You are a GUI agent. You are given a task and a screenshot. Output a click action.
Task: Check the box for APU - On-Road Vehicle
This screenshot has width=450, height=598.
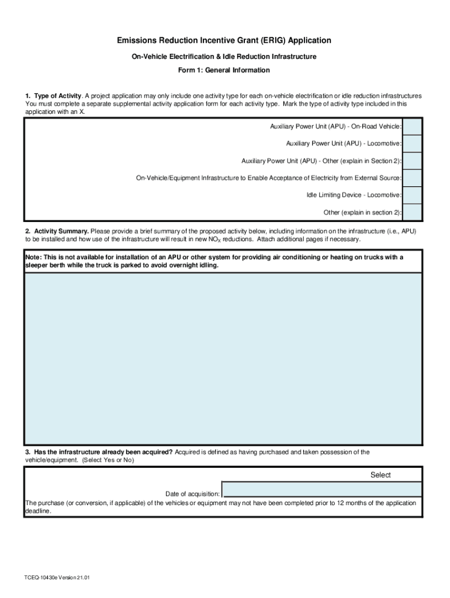pyautogui.click(x=412, y=127)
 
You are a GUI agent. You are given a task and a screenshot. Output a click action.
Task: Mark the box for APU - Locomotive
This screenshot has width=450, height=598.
pyautogui.click(x=412, y=144)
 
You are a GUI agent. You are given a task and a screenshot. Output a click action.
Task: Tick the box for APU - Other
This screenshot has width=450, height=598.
pyautogui.click(x=412, y=161)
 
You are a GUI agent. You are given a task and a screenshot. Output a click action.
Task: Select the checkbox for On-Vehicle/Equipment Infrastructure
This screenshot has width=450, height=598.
pyautogui.click(x=412, y=178)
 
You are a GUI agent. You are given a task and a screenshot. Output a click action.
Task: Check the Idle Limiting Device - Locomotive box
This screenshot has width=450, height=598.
pyautogui.click(x=412, y=195)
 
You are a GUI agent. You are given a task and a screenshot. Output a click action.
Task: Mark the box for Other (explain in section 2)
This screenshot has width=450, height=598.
pyautogui.click(x=412, y=212)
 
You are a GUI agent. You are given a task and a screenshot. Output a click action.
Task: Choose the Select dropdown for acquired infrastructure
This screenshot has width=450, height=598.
pyautogui.click(x=380, y=475)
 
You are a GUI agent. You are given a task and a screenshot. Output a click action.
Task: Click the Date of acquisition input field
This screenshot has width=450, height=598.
pyautogui.click(x=321, y=489)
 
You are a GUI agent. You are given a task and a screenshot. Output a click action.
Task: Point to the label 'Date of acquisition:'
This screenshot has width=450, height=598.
pyautogui.click(x=192, y=494)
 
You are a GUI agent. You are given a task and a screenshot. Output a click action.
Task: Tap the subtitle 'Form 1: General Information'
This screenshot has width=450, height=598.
pyautogui.click(x=224, y=71)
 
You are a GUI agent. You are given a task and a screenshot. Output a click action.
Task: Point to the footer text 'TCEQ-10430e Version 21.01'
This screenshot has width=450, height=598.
pyautogui.click(x=57, y=578)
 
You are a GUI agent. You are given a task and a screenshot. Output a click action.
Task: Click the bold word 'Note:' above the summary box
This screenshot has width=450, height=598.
pyautogui.click(x=33, y=258)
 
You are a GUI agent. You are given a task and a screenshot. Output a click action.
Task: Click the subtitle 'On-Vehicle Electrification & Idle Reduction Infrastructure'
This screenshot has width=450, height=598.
pyautogui.click(x=224, y=57)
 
